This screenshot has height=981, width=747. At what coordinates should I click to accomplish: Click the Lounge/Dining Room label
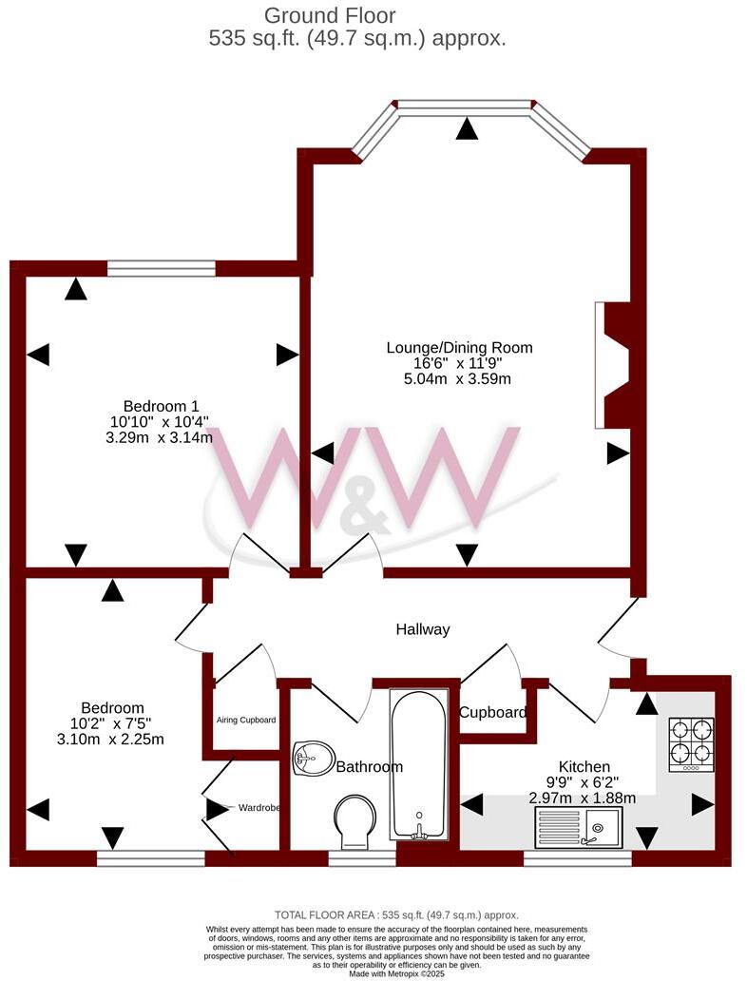[459, 347]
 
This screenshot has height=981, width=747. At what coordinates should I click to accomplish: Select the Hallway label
[423, 629]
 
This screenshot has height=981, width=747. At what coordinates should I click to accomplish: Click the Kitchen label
[584, 766]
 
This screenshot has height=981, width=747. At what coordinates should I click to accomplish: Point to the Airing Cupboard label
[246, 721]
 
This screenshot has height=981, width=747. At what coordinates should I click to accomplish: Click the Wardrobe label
[259, 808]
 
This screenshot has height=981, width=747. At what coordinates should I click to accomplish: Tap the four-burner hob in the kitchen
[692, 742]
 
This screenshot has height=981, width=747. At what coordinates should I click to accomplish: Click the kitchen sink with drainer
[578, 827]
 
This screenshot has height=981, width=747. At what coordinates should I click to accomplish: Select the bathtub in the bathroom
[417, 762]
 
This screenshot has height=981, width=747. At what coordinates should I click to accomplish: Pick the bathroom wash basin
[315, 759]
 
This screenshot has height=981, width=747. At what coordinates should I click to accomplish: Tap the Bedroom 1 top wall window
[161, 269]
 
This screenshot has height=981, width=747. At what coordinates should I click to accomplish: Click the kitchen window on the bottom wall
[577, 857]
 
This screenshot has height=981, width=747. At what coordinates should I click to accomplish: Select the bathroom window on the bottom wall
[362, 857]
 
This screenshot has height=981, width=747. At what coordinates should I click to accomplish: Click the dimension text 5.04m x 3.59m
[458, 379]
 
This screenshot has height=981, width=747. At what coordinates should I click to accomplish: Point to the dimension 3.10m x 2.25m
[111, 740]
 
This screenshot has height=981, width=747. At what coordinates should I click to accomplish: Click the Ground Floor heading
[329, 15]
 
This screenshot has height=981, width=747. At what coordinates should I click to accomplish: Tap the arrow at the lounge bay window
[466, 129]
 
